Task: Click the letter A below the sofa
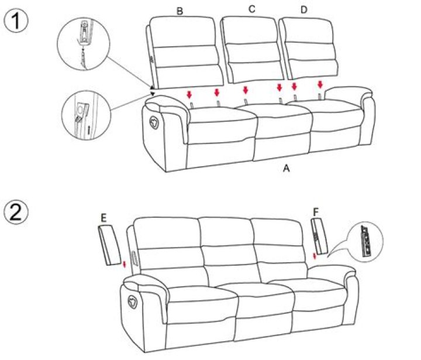[286, 168]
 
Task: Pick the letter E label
[103, 218]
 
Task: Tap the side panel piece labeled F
[319, 237]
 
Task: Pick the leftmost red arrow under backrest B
[189, 94]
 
